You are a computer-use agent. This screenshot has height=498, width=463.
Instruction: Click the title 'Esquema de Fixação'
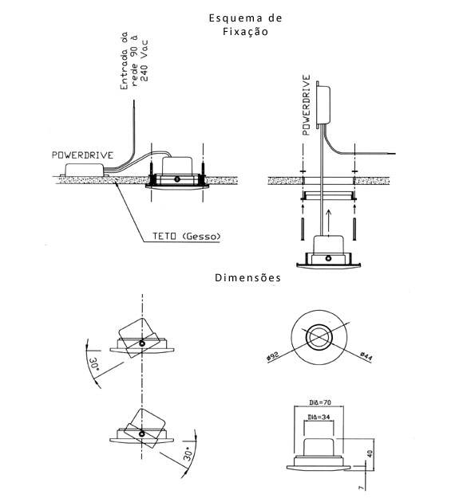click(245, 25)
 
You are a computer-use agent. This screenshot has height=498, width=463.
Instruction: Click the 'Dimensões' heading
click(248, 278)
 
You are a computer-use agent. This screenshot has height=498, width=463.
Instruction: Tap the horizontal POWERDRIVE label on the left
click(83, 155)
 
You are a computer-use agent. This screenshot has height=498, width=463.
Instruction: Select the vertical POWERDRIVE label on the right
click(306, 105)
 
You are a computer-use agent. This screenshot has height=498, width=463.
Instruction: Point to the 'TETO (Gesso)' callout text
click(187, 237)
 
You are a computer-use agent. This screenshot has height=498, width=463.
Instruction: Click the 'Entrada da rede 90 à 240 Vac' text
click(134, 61)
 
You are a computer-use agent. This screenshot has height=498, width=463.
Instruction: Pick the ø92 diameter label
click(273, 355)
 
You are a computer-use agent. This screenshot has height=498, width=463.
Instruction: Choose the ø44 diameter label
click(366, 356)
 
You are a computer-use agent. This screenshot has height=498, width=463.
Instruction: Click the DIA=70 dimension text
click(320, 402)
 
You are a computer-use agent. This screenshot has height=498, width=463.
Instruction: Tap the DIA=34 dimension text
click(319, 417)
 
